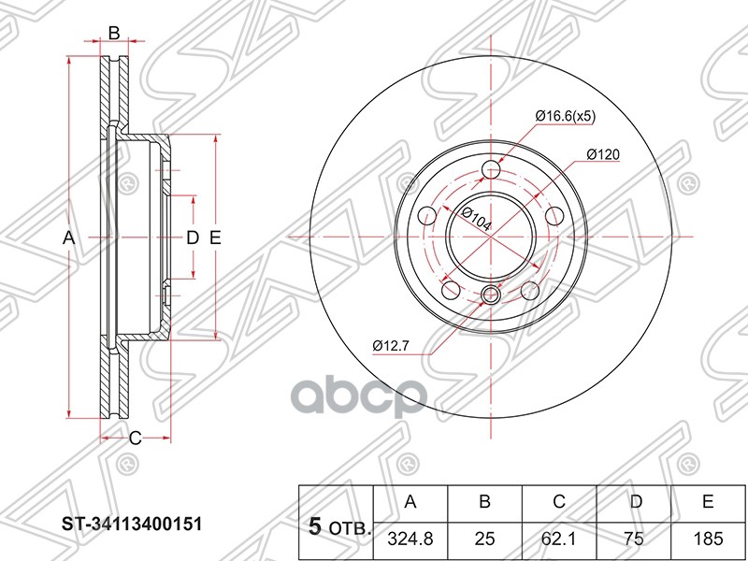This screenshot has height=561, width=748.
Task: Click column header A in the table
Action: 410,502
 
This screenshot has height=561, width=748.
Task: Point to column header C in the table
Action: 559,502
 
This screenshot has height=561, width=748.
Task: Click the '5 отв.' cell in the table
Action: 335,525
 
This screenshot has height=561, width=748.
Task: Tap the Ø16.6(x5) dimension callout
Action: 565,116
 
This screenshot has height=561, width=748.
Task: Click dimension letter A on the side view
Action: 68,238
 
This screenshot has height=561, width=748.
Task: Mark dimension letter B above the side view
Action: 113,34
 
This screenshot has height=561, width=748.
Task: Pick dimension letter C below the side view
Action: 134,438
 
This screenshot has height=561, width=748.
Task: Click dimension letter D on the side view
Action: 191,238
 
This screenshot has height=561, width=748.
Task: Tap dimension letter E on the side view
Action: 214,238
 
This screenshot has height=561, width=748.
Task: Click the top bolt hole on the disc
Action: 492,170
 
